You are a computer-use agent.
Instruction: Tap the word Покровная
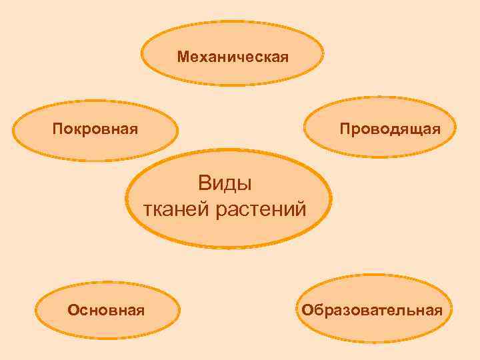pyautogui.click(x=95, y=128)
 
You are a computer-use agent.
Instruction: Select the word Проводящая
pyautogui.click(x=389, y=128)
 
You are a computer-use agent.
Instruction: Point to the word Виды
pyautogui.click(x=226, y=182)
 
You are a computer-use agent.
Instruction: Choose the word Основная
pyautogui.click(x=107, y=310)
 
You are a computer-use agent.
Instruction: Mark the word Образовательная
pyautogui.click(x=371, y=310)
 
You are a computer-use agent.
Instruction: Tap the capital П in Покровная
pyautogui.click(x=57, y=128)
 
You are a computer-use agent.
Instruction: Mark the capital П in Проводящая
pyautogui.click(x=344, y=128)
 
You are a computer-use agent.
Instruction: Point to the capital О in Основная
pyautogui.click(x=73, y=310)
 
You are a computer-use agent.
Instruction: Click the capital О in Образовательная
pyautogui.click(x=306, y=310)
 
